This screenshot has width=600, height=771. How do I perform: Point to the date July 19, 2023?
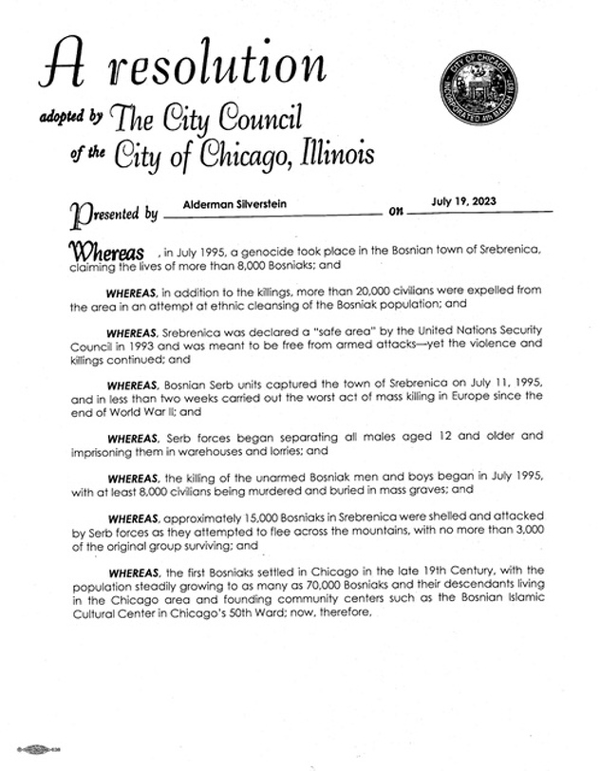(x=462, y=201)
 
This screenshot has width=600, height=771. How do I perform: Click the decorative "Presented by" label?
(x=113, y=213)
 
